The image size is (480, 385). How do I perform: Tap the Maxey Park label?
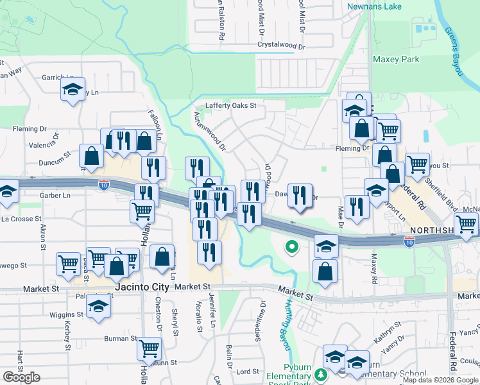click(396, 60)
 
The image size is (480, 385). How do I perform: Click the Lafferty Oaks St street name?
click(230, 106)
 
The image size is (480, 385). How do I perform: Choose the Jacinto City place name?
click(142, 287)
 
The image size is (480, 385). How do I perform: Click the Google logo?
click(21, 377)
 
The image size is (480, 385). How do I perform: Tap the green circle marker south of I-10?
click(292, 245)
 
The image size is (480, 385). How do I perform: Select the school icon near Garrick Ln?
click(73, 89)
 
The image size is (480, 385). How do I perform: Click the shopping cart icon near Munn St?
click(150, 348)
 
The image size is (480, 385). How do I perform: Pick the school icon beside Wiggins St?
click(98, 304)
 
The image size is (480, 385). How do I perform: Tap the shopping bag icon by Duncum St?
click(92, 155)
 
